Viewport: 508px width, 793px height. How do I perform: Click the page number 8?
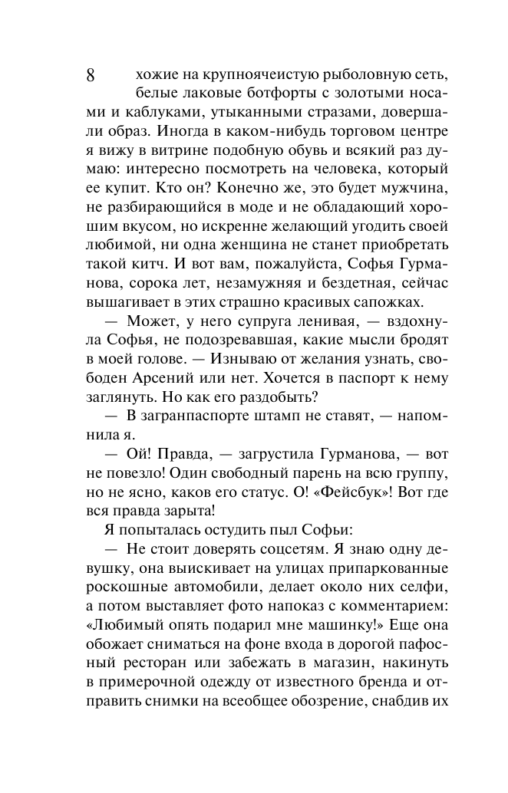(x=90, y=75)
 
